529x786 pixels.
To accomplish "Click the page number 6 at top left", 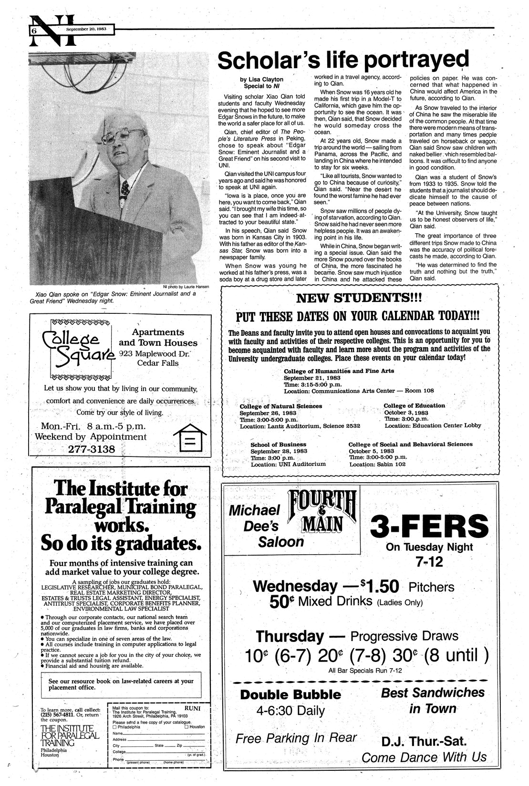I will click(x=34, y=30).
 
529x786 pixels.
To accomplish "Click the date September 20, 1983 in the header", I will click(x=86, y=29).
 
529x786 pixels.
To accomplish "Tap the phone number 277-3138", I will click(x=91, y=449).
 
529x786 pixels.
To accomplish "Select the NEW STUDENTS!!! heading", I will click(x=359, y=299).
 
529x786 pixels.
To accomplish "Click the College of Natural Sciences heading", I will click(x=280, y=406).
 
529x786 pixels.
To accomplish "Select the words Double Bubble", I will click(x=290, y=694).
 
